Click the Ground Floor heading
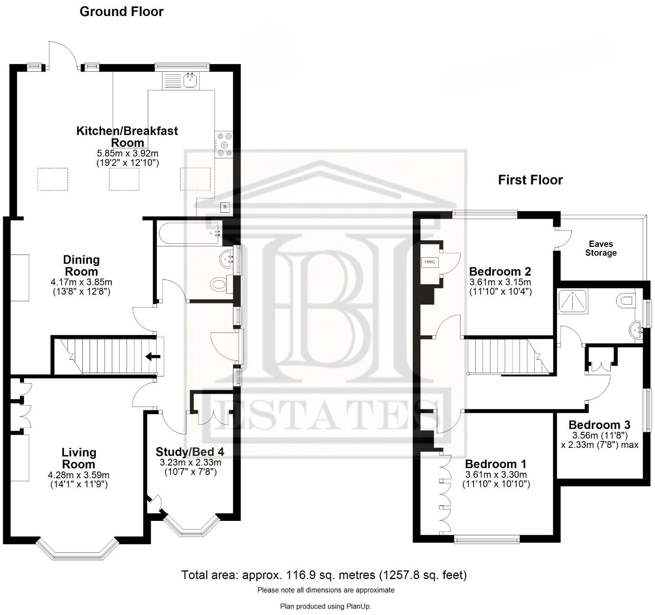tap(121, 11)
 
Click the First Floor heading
tap(530, 180)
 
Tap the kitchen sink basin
tap(191, 79)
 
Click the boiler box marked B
tap(225, 207)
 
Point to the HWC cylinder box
tap(430, 262)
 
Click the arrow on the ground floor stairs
tap(152, 357)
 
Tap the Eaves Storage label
tap(601, 249)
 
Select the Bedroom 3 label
tap(599, 425)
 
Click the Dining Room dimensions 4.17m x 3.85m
tap(81, 282)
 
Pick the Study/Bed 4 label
tap(190, 452)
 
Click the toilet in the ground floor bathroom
tap(220, 284)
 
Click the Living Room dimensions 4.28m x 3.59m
tap(78, 475)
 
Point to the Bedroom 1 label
tap(496, 464)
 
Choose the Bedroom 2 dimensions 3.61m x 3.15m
tap(500, 282)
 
